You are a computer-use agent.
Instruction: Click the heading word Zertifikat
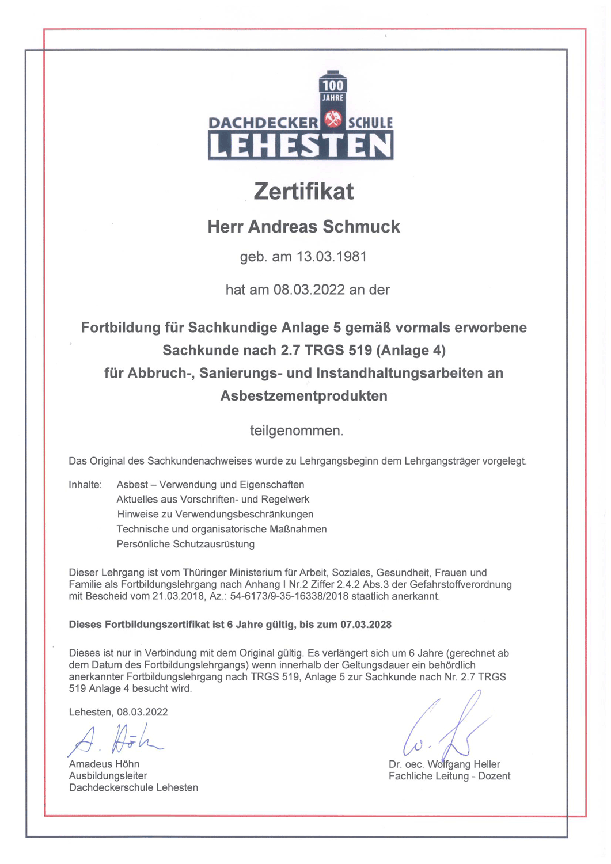pos(303,192)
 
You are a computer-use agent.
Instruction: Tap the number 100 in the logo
pos(333,86)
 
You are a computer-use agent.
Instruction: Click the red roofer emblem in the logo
pos(333,120)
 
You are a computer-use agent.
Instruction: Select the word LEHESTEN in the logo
pos(300,146)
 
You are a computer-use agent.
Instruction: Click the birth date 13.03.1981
pos(331,257)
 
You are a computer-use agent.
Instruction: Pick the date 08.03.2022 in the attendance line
pos(310,290)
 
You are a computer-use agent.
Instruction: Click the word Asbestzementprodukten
pos(303,396)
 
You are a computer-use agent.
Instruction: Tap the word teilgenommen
pos(297,431)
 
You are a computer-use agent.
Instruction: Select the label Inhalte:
pos(85,485)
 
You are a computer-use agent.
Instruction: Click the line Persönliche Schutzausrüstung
pos(185,544)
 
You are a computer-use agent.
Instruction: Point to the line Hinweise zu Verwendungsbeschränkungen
pos(215,514)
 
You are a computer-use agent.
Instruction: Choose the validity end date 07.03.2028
pos(366,625)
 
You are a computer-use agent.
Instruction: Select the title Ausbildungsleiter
pos(108,776)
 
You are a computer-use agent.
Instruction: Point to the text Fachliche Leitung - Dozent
pos(449,777)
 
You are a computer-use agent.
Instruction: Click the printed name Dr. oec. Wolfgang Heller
pos(444,764)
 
